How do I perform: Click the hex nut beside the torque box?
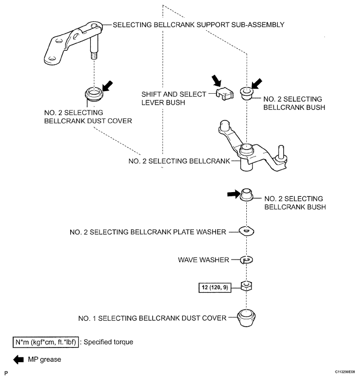(246, 286)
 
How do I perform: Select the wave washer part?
(246, 260)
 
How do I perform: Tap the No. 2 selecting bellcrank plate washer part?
(246, 231)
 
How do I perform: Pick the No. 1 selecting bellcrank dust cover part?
(246, 318)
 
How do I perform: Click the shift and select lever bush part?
(225, 94)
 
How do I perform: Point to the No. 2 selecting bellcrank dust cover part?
(94, 94)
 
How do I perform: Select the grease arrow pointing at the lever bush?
(216, 81)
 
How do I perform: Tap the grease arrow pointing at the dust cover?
(108, 86)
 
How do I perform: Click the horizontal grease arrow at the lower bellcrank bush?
(234, 194)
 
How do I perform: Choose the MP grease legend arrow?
(18, 360)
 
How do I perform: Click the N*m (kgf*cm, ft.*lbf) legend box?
(46, 342)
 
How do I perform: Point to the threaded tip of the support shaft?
(95, 56)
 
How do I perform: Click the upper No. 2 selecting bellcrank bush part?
(247, 93)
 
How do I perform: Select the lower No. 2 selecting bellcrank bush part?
(246, 195)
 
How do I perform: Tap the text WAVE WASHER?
(203, 260)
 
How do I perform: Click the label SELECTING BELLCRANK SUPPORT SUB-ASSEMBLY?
(199, 25)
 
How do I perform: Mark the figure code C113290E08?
(345, 372)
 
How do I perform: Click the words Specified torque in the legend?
(108, 342)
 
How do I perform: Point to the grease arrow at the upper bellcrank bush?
(257, 84)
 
